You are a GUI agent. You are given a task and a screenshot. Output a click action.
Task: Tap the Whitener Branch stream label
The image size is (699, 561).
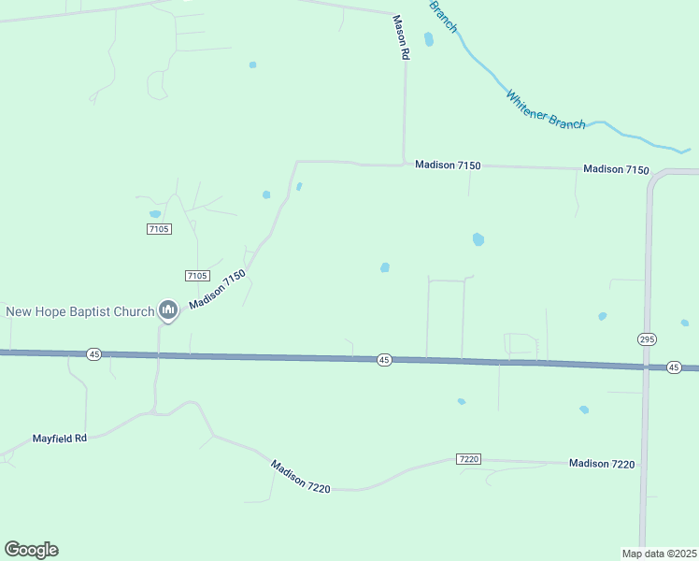546,110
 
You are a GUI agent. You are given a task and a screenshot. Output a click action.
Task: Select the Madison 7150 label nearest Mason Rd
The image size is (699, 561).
448,165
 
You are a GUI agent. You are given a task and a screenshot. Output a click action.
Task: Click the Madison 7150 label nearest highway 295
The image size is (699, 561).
616,169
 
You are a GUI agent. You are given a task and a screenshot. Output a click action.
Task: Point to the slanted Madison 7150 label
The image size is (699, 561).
217,290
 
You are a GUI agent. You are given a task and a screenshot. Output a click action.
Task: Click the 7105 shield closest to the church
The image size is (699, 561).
196,275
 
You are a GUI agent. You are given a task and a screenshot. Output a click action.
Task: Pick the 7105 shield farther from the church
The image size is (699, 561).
159,229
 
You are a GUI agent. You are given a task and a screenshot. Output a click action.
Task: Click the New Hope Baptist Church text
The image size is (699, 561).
80,311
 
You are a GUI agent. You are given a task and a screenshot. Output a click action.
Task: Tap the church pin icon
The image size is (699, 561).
168,309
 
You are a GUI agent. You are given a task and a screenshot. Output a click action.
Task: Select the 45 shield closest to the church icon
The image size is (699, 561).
93,354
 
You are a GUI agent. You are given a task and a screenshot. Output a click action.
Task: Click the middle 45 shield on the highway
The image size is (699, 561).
384,360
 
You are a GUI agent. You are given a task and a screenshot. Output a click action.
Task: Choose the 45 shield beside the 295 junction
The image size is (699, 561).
674,367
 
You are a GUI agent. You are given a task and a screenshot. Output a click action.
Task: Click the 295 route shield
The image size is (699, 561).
647,339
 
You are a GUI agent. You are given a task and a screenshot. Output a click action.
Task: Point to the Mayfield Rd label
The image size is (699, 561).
60,438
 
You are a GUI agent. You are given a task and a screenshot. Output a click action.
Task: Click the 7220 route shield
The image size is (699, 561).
469,458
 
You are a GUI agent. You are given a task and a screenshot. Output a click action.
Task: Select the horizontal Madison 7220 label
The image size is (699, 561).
602,464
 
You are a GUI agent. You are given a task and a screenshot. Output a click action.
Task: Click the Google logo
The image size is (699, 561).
31,550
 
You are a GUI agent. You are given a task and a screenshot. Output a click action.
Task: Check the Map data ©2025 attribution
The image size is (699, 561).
660,554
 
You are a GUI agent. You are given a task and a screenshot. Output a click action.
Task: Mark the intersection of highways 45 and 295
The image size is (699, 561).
645,367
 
